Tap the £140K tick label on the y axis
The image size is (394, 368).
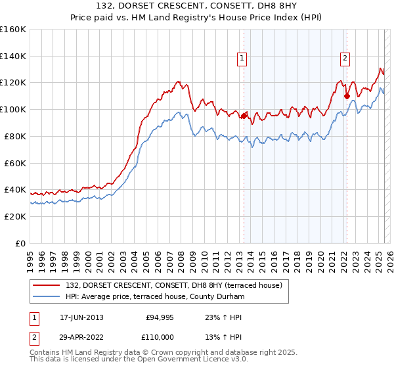pyautogui.click(x=13, y=56)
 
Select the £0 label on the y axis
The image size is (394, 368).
pyautogui.click(x=21, y=243)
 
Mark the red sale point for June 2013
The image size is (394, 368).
pyautogui.click(x=244, y=116)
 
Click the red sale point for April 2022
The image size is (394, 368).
pyautogui.click(x=347, y=96)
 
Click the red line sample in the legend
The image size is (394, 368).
pyautogui.click(x=47, y=285)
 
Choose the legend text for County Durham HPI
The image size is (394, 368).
pyautogui.click(x=155, y=297)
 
